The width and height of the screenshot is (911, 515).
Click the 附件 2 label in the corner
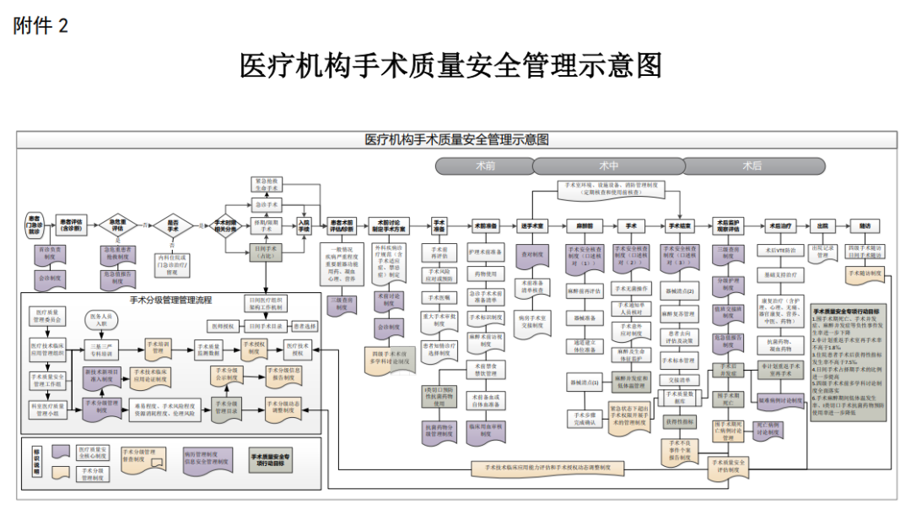click(x=40, y=25)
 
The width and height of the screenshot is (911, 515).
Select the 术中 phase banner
click(x=608, y=165)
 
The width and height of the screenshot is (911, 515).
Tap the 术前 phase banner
click(x=484, y=165)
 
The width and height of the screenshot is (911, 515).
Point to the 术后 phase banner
click(x=752, y=165)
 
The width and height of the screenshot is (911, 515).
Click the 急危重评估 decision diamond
click(x=118, y=226)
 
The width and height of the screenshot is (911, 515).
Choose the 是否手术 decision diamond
click(x=173, y=226)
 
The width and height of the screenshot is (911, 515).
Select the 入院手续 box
click(x=304, y=225)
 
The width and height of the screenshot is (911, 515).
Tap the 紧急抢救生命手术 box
click(x=267, y=185)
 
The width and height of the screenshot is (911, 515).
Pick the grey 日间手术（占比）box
click(x=267, y=251)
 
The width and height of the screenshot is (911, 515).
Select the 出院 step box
click(x=822, y=226)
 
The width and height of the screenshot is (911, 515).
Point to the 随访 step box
click(x=865, y=226)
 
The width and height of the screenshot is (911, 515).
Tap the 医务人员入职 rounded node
click(x=100, y=319)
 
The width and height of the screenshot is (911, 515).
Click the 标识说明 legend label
click(x=37, y=463)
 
